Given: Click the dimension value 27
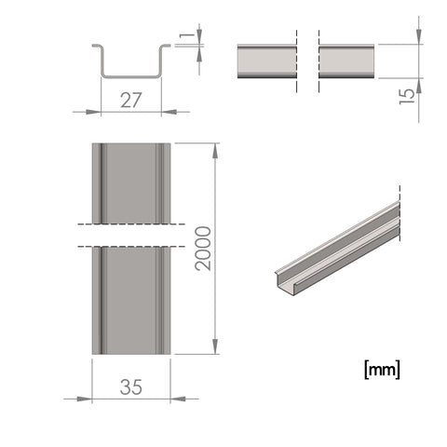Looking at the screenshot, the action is point(130,100).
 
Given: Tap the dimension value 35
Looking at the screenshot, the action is point(131,386).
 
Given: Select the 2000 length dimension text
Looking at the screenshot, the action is point(203,249).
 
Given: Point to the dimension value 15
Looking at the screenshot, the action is point(407,97).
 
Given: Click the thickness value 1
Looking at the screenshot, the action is point(186,35).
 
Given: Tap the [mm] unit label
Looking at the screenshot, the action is point(382,370).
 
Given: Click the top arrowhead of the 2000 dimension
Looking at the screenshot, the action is point(215,151).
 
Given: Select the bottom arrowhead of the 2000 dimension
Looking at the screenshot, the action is point(215,346).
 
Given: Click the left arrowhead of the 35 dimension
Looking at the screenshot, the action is point(85,399).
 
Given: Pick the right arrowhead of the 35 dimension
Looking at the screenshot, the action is point(178,399).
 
